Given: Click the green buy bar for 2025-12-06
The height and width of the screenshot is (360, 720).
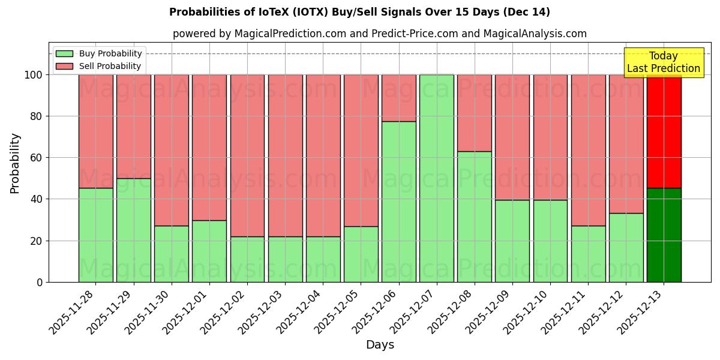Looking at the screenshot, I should click(399, 202).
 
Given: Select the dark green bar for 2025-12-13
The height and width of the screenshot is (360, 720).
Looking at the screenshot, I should click(664, 235).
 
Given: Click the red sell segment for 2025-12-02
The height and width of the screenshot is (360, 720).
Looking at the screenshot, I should click(247, 155).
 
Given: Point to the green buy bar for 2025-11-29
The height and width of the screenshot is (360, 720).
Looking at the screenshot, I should click(134, 230).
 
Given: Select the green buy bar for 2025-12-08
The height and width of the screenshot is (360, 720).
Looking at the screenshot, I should click(475, 217).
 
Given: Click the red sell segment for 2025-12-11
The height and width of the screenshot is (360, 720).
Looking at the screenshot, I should click(589, 150).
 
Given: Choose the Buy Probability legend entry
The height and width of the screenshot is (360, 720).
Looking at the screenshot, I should click(99, 53).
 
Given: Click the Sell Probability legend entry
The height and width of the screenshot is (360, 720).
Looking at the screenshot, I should click(99, 66).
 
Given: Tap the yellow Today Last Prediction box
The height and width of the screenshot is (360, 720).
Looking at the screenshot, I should click(664, 62).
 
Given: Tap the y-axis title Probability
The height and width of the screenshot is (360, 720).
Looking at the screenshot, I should click(15, 163).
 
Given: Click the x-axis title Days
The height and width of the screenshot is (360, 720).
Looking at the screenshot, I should click(380, 345).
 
